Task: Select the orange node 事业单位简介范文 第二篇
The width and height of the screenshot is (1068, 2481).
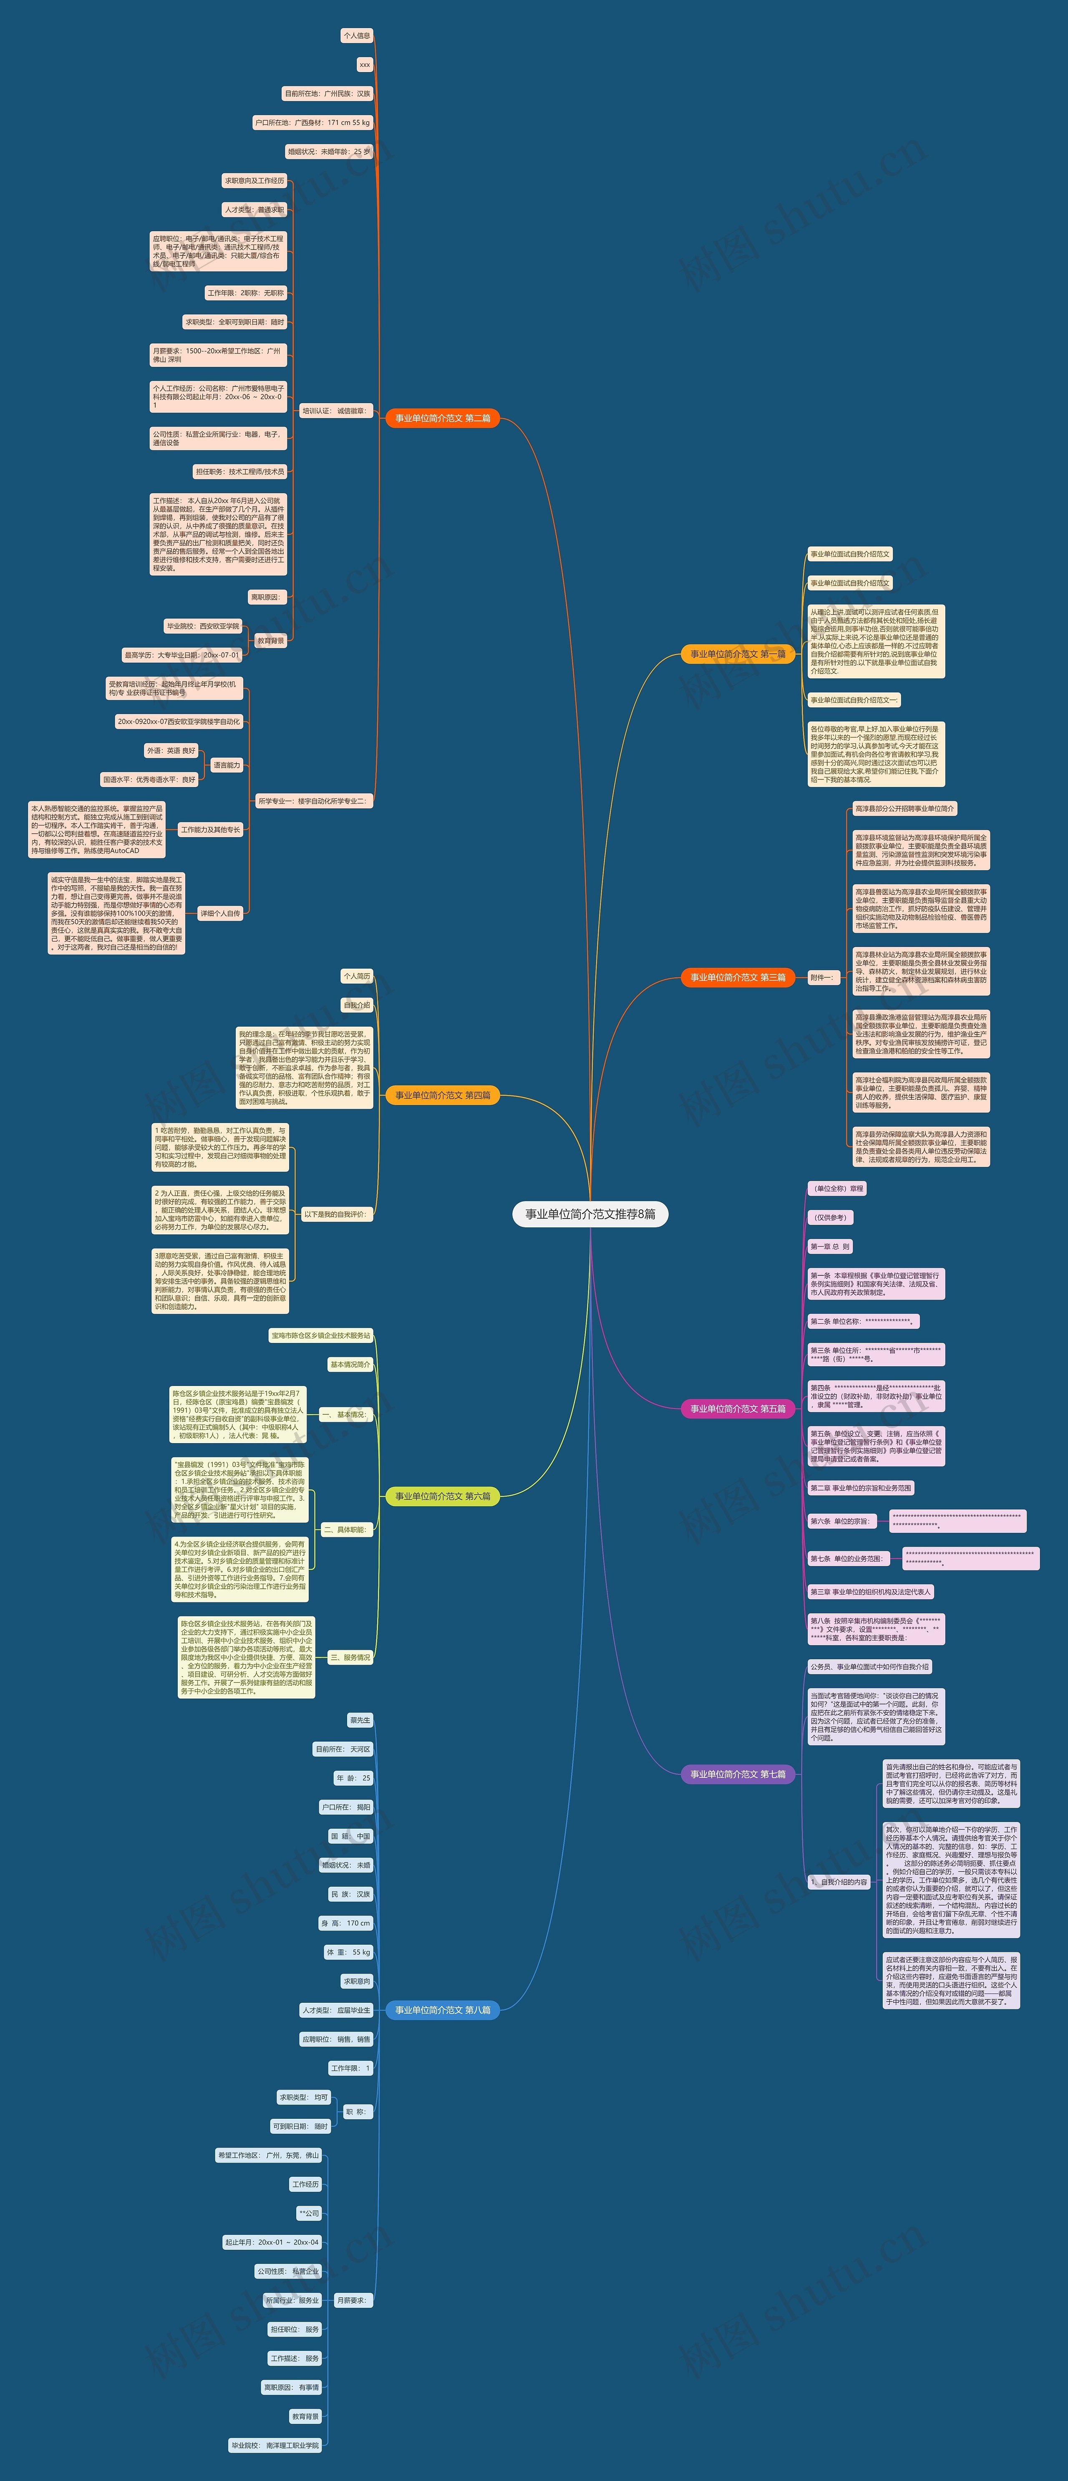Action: [x=442, y=418]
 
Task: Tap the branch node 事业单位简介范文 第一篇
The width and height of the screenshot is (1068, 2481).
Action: [x=738, y=654]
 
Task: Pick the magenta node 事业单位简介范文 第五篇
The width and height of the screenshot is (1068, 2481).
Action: [x=738, y=1408]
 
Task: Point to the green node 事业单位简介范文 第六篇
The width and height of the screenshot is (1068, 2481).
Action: [x=442, y=1496]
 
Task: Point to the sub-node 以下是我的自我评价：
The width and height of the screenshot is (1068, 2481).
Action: [x=335, y=1214]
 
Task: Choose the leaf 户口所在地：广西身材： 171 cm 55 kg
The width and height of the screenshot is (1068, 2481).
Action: [x=312, y=122]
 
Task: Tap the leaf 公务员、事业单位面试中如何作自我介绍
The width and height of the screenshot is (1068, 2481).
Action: [x=869, y=1666]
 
